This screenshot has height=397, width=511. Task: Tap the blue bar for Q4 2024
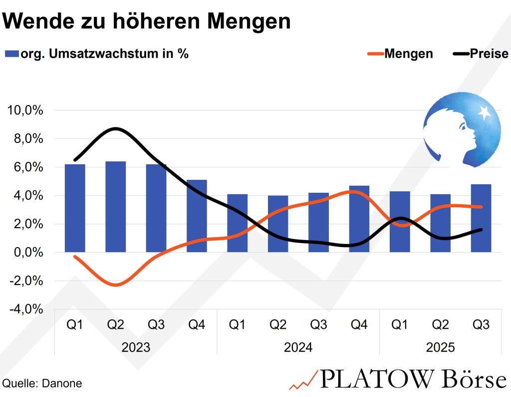tap(359, 219)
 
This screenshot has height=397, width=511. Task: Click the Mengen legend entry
tap(400, 54)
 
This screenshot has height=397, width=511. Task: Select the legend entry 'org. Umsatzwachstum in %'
tap(97, 54)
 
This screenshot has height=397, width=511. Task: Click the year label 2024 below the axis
tap(298, 347)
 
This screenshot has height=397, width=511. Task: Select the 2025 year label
tap(440, 347)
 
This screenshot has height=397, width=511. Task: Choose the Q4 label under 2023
tap(197, 325)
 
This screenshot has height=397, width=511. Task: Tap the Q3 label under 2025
tap(481, 325)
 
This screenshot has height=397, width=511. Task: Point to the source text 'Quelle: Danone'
tap(42, 384)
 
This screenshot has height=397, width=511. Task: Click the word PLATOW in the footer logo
tap(375, 380)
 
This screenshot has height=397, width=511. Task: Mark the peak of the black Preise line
tap(116, 129)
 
